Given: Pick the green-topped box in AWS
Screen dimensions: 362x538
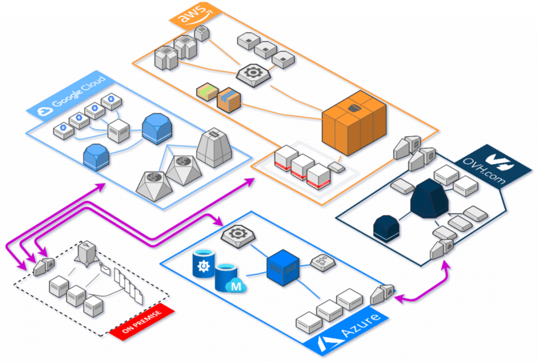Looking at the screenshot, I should [207, 92].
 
